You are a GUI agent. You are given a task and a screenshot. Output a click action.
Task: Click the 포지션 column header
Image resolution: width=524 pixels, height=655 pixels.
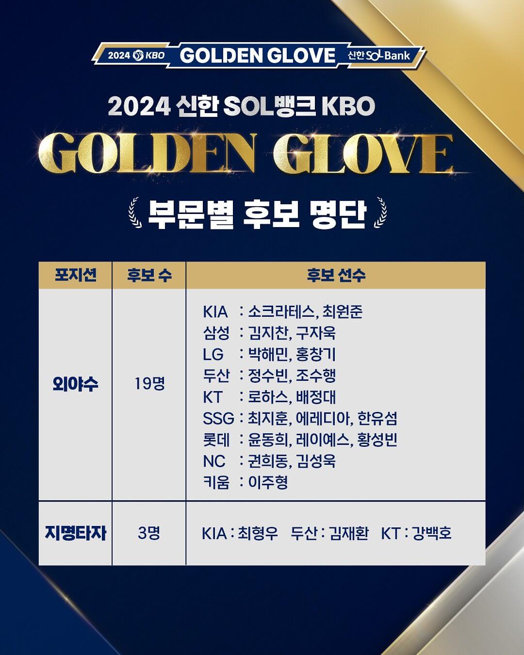point(76,275)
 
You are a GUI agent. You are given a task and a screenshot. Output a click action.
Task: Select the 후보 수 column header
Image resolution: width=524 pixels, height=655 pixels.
point(149,275)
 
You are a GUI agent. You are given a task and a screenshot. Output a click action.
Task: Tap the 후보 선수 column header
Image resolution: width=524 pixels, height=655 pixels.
point(336,275)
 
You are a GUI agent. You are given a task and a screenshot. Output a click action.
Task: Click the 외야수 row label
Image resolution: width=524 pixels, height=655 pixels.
point(76,384)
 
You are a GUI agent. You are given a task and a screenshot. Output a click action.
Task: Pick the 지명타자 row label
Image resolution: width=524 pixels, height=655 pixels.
point(76,533)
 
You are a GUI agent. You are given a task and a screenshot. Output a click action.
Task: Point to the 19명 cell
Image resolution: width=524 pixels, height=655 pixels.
point(149,384)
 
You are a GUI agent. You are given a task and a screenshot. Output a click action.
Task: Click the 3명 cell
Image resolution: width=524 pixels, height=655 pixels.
point(149,533)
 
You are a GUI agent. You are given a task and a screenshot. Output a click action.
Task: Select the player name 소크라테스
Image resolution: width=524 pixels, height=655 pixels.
point(281,311)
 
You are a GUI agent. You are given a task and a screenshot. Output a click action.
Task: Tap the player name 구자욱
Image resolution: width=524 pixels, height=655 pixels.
point(316,333)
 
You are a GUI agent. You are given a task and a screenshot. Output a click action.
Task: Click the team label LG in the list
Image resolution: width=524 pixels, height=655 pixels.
point(213,354)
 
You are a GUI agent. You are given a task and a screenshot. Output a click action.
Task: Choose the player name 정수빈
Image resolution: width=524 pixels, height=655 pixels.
point(268,376)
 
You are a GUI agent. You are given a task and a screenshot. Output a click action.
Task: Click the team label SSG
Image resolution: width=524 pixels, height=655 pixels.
point(218,418)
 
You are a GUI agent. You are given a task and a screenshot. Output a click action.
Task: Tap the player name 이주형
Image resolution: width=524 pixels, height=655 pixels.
point(268,482)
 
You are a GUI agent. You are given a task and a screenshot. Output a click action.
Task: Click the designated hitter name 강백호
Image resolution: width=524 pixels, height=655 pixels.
point(432,533)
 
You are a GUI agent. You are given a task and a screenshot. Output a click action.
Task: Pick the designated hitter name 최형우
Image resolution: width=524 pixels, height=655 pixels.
point(258,533)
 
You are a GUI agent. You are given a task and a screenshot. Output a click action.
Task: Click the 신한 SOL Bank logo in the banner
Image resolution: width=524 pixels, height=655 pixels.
point(379,55)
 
